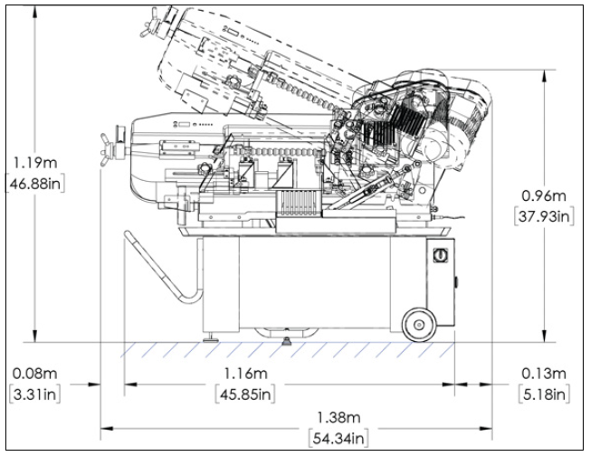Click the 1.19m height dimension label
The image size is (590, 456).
34,164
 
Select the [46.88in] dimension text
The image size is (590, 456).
34,182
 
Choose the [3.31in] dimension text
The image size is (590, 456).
34,394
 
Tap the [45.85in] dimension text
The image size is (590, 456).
245,394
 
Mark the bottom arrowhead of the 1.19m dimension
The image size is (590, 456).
33,338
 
